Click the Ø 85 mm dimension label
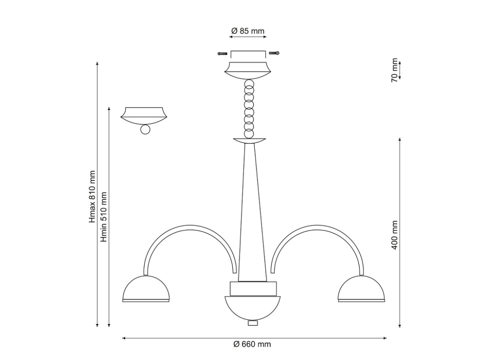248,31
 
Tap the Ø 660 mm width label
252,344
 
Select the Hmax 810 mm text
92,197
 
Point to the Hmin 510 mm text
103,217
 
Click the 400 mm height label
394,235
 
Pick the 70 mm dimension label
394,70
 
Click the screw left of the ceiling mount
222,53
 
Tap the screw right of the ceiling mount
274,53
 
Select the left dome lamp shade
145,288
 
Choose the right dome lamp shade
362,288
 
